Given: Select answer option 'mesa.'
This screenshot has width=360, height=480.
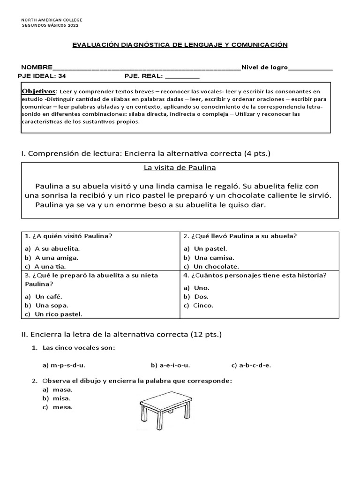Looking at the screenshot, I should (62, 407).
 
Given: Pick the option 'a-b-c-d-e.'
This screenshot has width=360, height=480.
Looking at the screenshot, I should (251, 365).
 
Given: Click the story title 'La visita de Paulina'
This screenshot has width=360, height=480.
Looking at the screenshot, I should (180, 168).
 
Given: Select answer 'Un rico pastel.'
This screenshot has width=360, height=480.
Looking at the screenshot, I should (58, 314).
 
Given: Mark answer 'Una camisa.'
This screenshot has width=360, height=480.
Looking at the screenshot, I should (214, 257).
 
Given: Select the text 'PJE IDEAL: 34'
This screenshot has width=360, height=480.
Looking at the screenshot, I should (42, 76).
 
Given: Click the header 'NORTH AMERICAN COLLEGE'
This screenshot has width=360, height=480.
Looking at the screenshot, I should (52, 20).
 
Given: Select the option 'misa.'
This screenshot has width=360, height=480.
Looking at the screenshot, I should (62, 398).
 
